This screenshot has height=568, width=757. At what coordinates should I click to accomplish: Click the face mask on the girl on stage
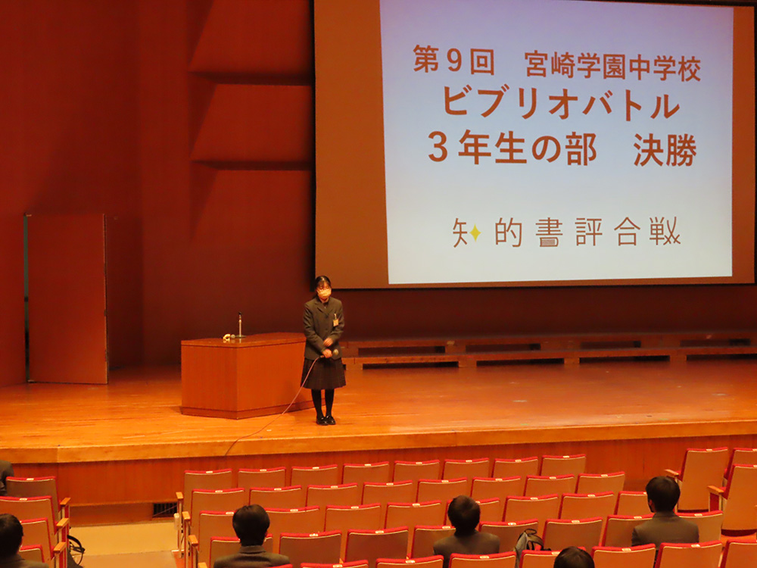[x=324, y=292]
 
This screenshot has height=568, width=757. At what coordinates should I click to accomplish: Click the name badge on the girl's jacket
[x=335, y=322]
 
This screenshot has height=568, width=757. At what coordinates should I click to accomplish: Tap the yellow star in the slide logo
[x=475, y=233]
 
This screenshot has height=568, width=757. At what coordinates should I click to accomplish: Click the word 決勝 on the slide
[x=665, y=150]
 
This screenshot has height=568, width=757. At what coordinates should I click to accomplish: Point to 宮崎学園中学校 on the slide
[x=612, y=67]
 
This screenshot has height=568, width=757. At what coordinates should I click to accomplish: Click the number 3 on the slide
[x=438, y=148]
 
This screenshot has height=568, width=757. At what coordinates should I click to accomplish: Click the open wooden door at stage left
[x=66, y=298]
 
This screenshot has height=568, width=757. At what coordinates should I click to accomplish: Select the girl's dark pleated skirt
[x=323, y=373]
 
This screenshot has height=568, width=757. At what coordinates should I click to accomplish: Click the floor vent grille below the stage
[x=164, y=510]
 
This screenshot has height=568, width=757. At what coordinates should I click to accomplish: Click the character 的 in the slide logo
[x=509, y=233]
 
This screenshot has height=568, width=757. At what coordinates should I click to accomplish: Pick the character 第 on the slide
[x=425, y=59]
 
